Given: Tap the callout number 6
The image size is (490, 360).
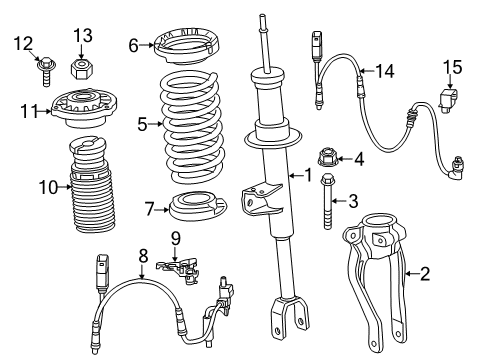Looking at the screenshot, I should tap(132, 45).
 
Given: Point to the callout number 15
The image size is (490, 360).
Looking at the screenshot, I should tap(453, 67).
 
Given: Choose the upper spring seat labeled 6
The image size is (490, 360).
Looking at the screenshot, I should tap(185, 47).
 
